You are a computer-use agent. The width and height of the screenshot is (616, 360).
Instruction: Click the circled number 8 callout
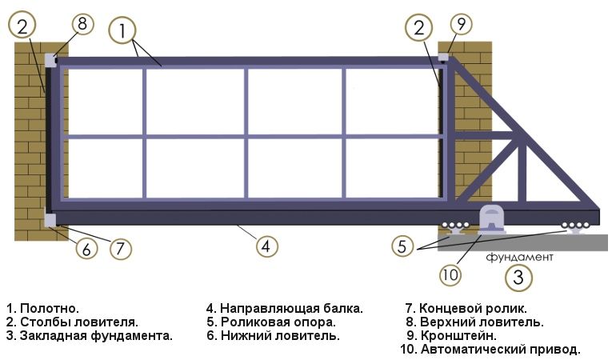coord(82,23)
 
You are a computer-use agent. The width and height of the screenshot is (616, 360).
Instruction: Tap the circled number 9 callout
coord(461,23)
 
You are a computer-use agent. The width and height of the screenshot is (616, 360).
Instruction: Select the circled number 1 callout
coord(122,30)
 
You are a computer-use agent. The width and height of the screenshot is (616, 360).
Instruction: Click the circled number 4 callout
coord(266,246)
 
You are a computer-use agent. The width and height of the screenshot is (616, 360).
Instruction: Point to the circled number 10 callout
coord(450,274)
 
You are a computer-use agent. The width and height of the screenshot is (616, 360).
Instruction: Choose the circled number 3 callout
coord(518,277)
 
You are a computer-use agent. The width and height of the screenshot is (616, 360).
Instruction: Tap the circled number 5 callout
coord(402,246)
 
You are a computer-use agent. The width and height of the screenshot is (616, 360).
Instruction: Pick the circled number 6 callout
coord(86,248)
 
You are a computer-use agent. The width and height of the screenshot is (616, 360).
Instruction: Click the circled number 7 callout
coord(120,248)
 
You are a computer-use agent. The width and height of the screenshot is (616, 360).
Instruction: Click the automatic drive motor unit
coord(491,220)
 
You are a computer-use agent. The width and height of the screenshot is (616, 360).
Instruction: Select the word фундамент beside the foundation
coord(519,257)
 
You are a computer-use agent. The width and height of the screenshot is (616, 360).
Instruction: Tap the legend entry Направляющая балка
coord(285,309)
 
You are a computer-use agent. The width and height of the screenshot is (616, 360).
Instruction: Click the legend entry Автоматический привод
coord(490,349)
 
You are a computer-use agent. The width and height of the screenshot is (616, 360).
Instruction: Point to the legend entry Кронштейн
coord(452,336)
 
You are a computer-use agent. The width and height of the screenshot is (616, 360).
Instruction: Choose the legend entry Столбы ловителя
coord(72,322)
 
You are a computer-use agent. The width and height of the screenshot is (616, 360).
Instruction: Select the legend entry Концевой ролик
coord(466,309)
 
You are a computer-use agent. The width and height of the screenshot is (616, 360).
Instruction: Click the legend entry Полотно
coord(43,309)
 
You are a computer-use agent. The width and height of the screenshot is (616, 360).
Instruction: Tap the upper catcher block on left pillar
coord(50,60)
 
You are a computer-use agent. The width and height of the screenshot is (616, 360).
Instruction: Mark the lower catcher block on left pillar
coord(50,220)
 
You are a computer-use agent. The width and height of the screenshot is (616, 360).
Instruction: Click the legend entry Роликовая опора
coord(271,322)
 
